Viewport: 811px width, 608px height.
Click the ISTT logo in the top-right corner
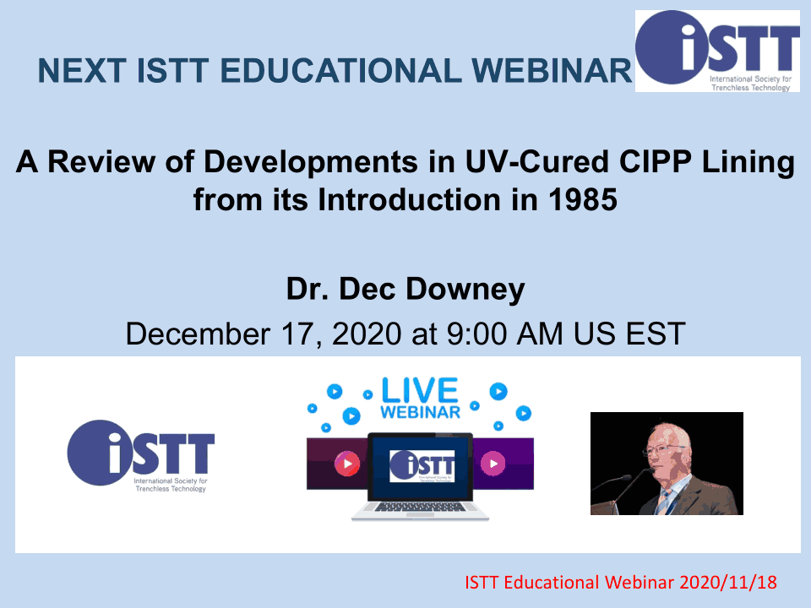click(717, 51)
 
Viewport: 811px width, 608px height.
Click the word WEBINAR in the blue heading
click(552, 70)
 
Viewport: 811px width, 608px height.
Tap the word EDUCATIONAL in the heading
click(340, 70)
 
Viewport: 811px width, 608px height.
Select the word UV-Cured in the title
click(537, 162)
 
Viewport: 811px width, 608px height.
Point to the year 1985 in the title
click(583, 199)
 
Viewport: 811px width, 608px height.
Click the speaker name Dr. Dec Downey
click(405, 289)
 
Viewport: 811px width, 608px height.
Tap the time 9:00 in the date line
click(476, 334)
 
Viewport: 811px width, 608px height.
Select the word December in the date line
click(198, 334)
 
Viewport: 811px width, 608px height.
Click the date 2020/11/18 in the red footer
click(727, 582)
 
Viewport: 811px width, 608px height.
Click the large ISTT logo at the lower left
click(141, 455)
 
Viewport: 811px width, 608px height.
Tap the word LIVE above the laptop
click(420, 390)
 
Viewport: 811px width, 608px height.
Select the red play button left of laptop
click(347, 464)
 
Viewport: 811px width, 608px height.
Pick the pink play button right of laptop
click(493, 464)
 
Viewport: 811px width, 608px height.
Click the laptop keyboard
click(420, 508)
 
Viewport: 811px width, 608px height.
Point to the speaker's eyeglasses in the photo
click(664, 448)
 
